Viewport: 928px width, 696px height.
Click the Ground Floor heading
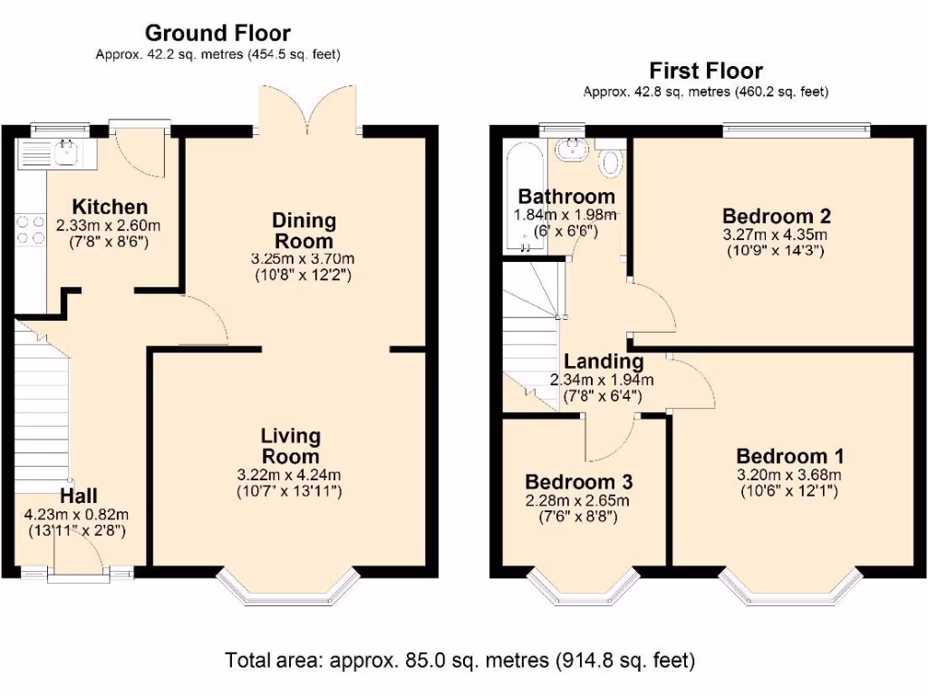[217, 34]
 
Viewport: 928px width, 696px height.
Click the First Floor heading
[705, 71]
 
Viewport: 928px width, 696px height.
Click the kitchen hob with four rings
[31, 230]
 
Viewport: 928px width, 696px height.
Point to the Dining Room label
[304, 230]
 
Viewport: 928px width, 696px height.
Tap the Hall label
[79, 496]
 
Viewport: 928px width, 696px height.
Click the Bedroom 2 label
[777, 216]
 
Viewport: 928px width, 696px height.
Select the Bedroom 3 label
[578, 481]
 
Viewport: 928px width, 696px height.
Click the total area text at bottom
[459, 660]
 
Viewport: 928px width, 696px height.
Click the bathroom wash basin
[572, 150]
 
